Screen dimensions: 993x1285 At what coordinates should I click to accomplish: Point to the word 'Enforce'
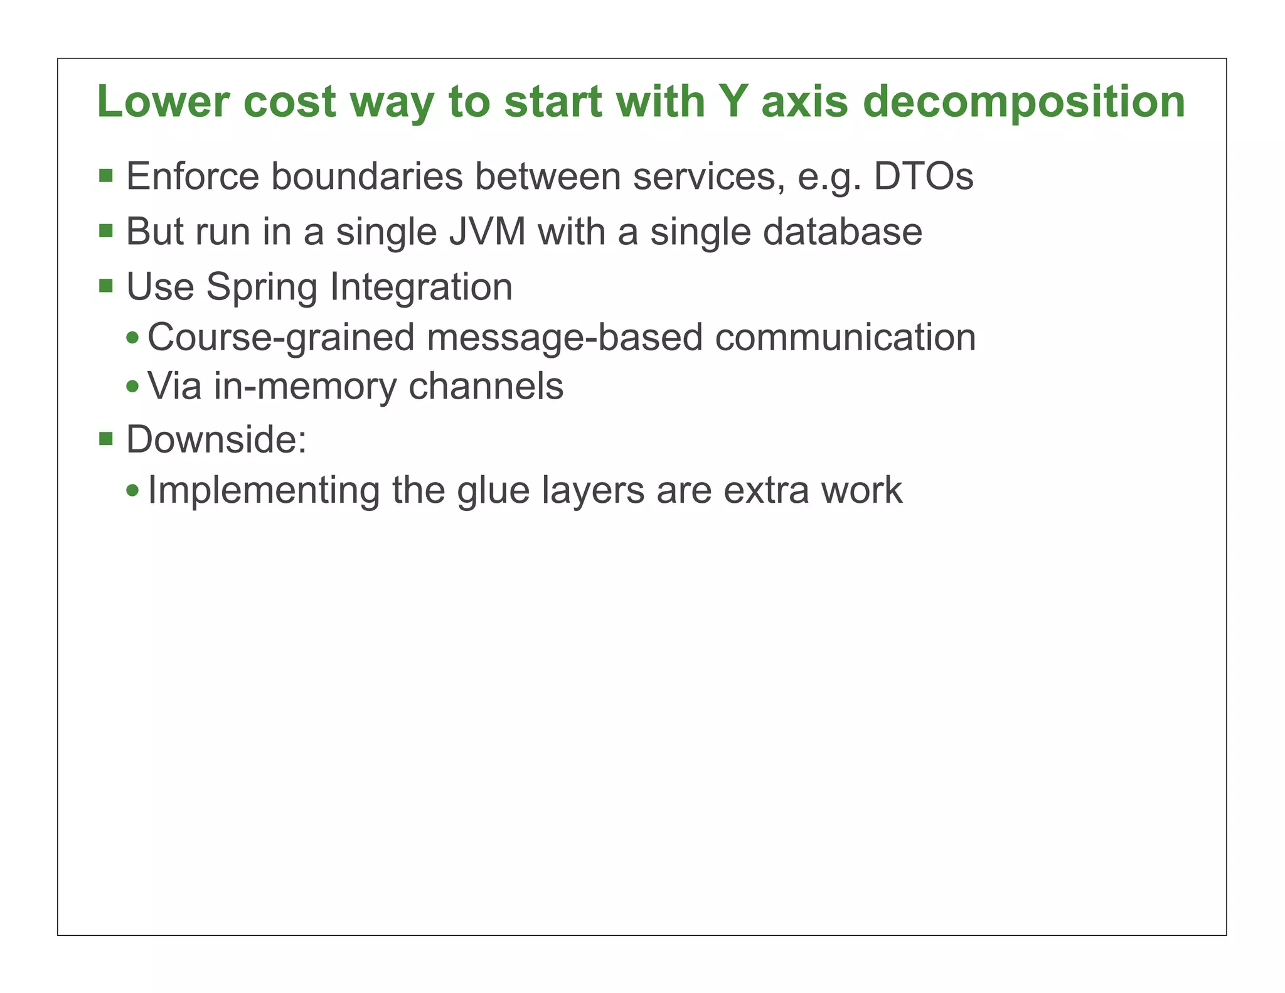(193, 176)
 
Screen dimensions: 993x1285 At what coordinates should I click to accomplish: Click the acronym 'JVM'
(488, 232)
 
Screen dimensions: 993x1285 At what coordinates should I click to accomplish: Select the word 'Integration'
(421, 287)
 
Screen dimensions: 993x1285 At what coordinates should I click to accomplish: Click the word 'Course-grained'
(280, 338)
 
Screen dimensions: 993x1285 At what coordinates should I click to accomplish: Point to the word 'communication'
(845, 337)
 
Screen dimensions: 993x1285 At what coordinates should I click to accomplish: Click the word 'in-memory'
(305, 387)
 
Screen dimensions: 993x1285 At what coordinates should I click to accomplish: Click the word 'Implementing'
(264, 491)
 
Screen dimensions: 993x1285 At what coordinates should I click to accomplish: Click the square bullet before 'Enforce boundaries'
(106, 175)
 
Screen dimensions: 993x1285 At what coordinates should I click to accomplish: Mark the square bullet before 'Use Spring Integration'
(106, 286)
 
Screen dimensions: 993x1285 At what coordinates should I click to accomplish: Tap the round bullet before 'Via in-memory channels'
(132, 387)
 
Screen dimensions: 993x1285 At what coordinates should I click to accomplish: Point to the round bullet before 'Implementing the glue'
(132, 490)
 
